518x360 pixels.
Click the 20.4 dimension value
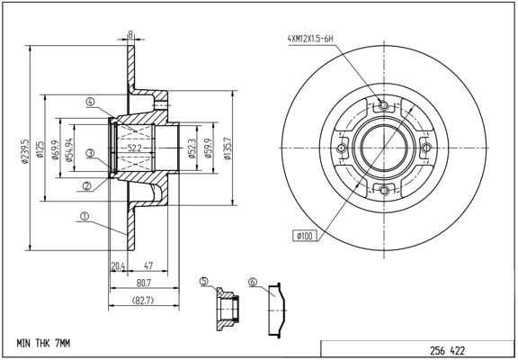click(117, 265)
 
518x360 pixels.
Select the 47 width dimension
click(147, 265)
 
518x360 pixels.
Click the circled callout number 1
click(83, 215)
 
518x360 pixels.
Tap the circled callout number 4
click(91, 103)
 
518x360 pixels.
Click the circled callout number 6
click(253, 283)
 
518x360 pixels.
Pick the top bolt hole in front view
click(384, 107)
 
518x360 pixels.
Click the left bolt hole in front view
click(342, 149)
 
